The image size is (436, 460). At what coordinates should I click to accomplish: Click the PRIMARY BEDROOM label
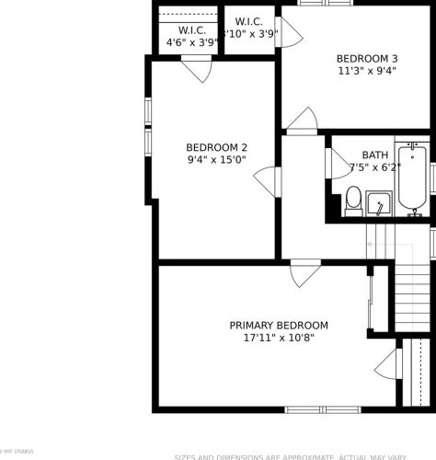279,326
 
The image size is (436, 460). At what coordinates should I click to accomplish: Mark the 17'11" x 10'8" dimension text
279,339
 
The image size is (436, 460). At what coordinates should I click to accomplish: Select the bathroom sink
379,203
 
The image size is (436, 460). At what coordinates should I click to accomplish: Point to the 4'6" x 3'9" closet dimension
191,42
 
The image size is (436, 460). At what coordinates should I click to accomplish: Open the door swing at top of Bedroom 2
197,70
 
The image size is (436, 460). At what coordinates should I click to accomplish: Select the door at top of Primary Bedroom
304,274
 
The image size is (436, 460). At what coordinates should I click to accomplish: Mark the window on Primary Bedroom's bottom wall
312,408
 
